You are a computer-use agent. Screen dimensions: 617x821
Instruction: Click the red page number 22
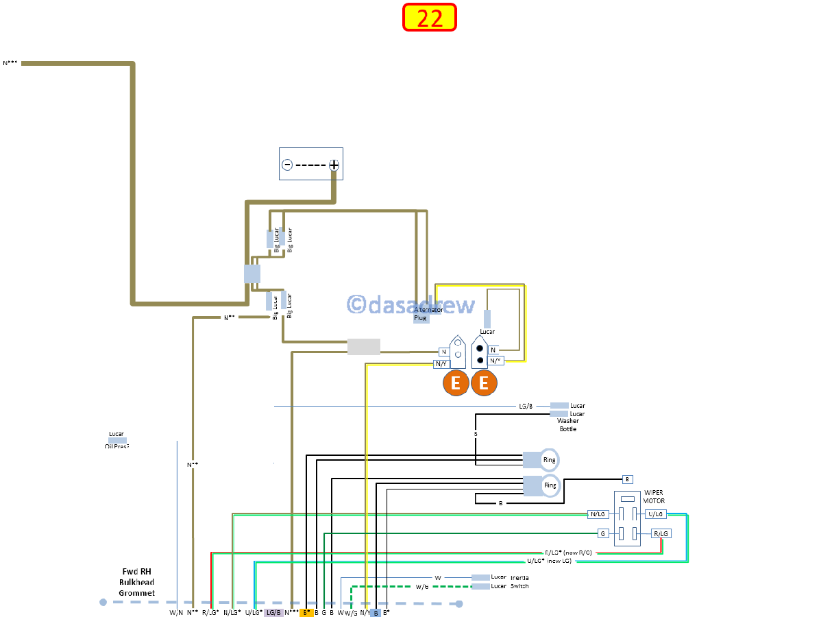click(x=430, y=18)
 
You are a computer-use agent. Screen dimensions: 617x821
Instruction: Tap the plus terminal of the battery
click(x=334, y=165)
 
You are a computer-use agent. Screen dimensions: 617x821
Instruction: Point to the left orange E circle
click(x=456, y=383)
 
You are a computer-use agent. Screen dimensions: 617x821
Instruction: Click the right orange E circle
click(x=484, y=383)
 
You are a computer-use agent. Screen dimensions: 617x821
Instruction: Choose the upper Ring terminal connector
click(x=541, y=460)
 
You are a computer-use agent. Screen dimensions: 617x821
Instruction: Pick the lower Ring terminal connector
click(x=541, y=485)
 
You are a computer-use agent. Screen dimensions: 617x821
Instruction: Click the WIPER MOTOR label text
click(x=654, y=496)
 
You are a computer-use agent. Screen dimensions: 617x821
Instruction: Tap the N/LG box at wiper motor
click(x=598, y=514)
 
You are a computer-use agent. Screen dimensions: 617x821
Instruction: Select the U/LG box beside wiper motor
click(x=655, y=514)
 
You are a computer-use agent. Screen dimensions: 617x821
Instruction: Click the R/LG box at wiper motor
click(x=661, y=533)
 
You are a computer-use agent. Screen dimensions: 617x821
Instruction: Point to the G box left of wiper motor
click(x=603, y=533)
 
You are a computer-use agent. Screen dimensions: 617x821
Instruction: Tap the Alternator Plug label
click(x=428, y=314)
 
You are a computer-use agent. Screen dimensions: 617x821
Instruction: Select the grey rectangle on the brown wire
click(x=364, y=347)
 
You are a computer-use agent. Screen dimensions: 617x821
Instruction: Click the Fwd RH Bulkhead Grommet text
click(x=137, y=582)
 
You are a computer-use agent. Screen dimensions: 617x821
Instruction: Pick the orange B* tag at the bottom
click(x=307, y=612)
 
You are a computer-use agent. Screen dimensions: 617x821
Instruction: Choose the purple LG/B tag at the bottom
click(x=273, y=612)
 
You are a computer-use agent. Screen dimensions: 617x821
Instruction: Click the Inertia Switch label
click(x=519, y=581)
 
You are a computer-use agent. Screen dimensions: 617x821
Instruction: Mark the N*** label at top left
click(x=11, y=63)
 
